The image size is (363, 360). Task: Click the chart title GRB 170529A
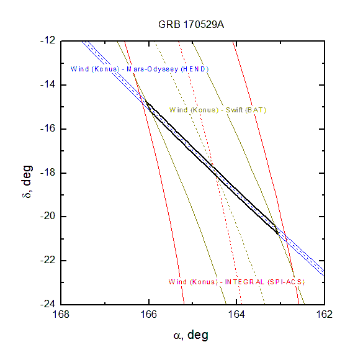(191, 25)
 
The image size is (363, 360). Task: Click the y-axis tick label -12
(48, 40)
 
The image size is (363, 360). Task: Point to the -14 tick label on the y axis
(48, 85)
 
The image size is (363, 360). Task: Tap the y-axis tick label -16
(48, 128)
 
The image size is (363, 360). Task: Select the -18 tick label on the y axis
(48, 173)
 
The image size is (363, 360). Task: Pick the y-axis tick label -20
(48, 216)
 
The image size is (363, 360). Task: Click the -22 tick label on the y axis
(48, 260)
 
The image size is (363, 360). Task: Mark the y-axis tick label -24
(48, 304)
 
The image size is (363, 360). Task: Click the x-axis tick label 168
(61, 315)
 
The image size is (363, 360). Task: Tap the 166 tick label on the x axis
(149, 315)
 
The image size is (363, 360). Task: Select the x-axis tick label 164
(236, 315)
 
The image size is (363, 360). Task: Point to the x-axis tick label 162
(325, 315)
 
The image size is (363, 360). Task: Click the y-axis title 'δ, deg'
(27, 181)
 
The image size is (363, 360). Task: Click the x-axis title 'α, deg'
(191, 335)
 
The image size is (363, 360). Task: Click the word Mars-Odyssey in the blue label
(152, 70)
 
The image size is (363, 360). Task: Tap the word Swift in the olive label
(234, 110)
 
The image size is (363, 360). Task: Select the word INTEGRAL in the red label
(244, 282)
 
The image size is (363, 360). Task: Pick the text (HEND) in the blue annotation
(195, 70)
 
